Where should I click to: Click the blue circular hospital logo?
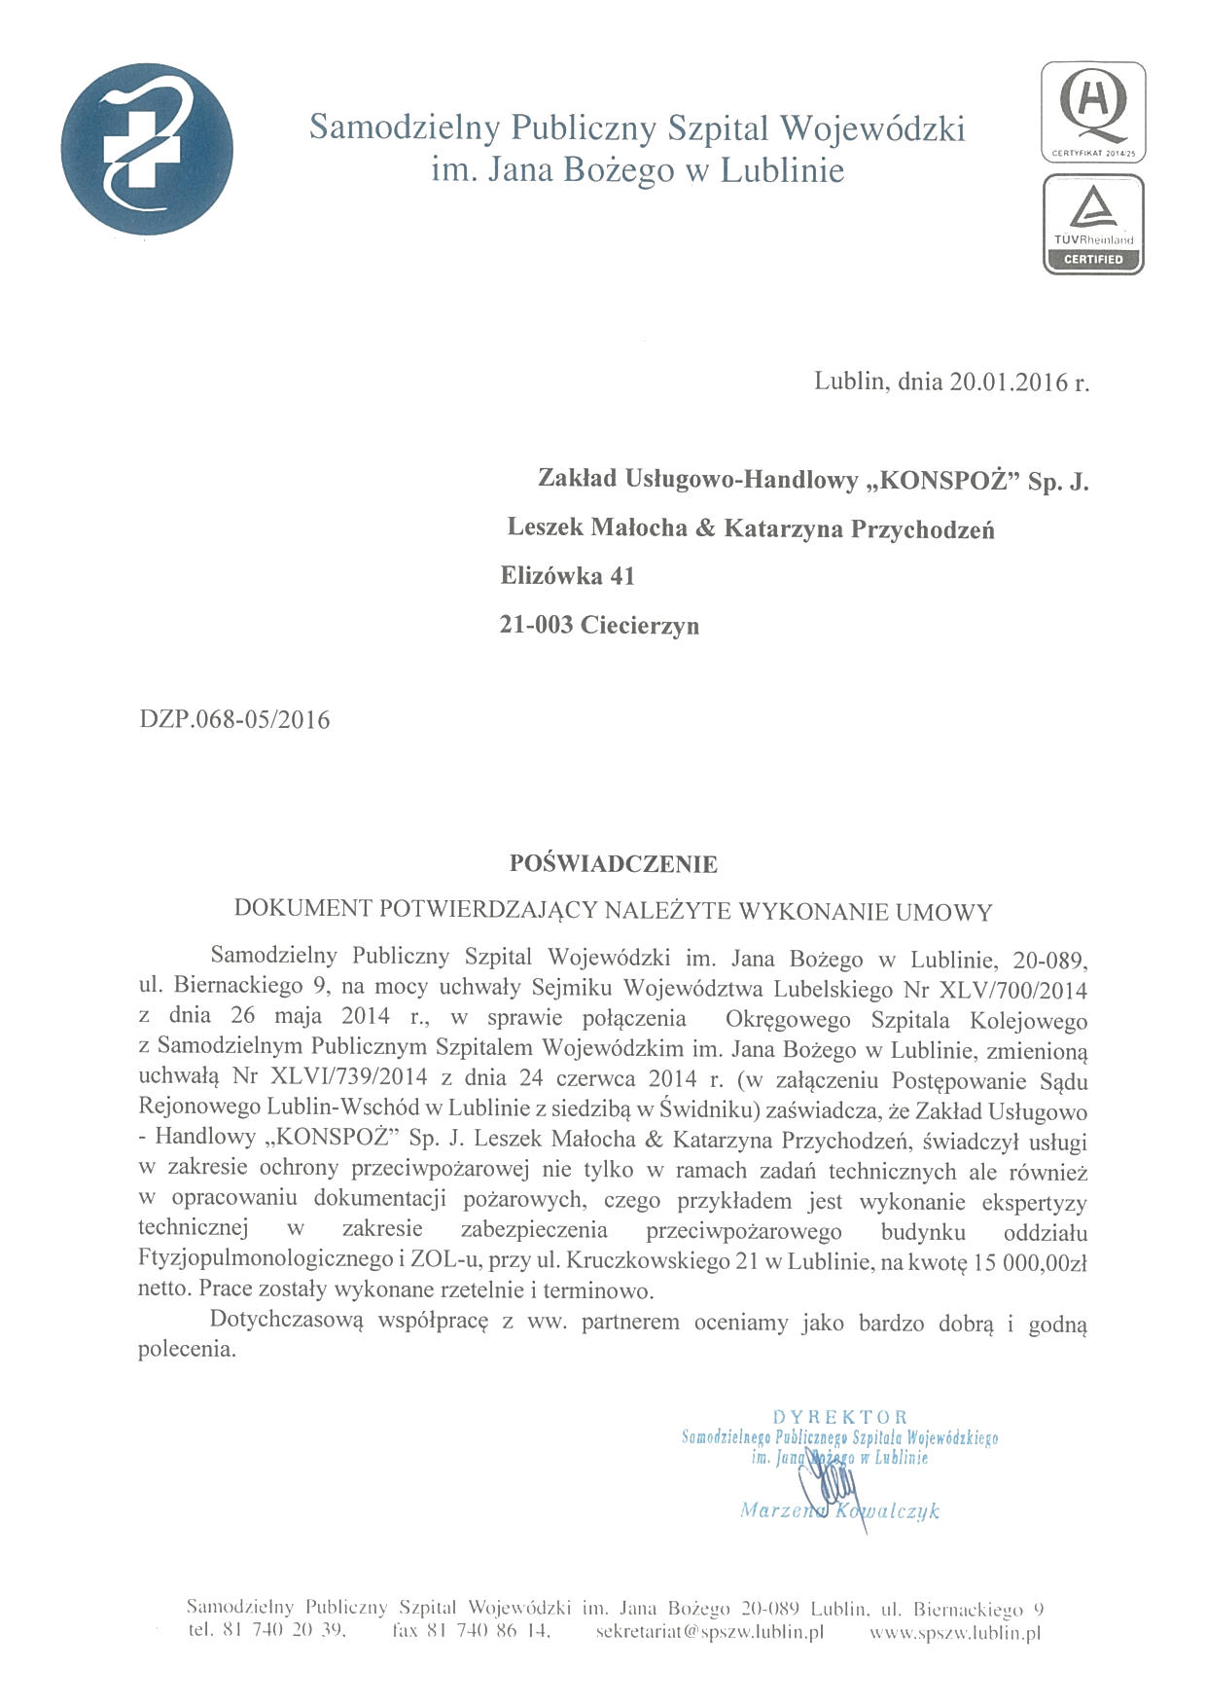tap(147, 148)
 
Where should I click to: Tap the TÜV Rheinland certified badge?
tap(1092, 224)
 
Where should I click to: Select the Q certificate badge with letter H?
tap(1092, 111)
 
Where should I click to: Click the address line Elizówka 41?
tap(567, 576)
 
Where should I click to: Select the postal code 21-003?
tap(536, 625)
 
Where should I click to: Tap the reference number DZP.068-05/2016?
tap(234, 721)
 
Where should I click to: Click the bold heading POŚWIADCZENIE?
tap(614, 863)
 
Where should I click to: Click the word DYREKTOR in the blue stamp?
tap(839, 1417)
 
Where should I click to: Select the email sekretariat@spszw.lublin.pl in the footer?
tap(709, 1632)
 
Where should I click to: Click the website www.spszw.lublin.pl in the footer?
tap(954, 1632)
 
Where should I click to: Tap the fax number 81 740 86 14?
tap(485, 1632)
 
